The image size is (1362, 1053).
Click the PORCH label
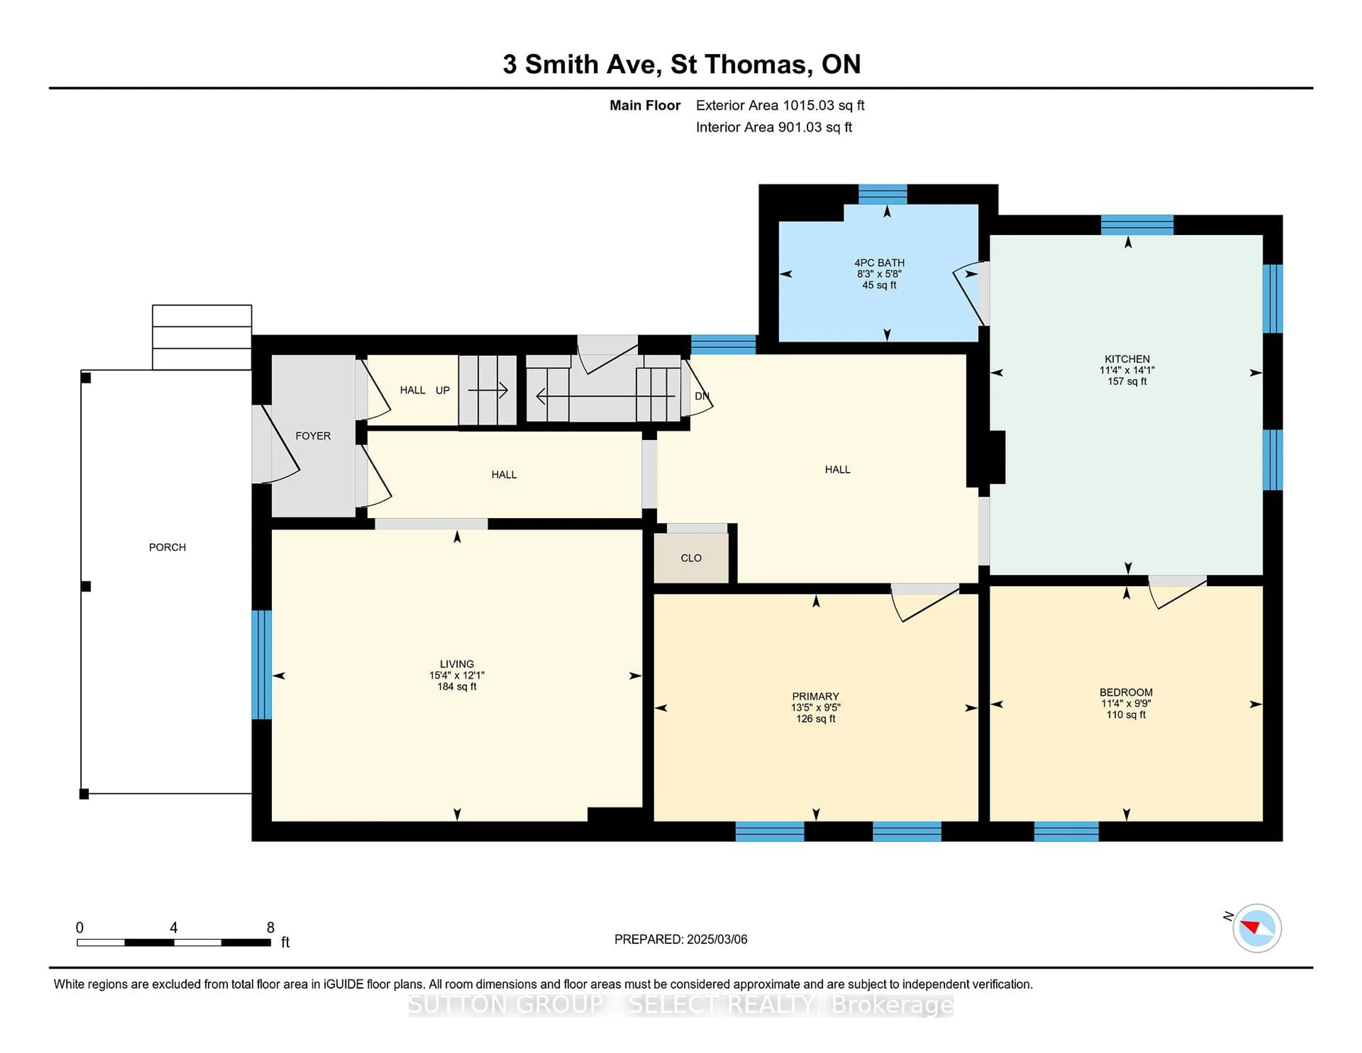tap(167, 547)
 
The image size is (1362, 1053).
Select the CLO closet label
tap(691, 558)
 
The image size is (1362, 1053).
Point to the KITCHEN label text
tap(1127, 359)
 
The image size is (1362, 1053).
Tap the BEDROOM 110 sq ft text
tap(1126, 715)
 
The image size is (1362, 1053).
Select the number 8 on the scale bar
tap(271, 928)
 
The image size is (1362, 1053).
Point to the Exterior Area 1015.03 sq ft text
tap(780, 105)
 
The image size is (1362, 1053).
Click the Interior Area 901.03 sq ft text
tap(774, 127)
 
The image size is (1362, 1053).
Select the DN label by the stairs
tap(702, 396)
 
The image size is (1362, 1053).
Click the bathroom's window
tap(882, 195)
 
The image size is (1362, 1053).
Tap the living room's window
tap(261, 665)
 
